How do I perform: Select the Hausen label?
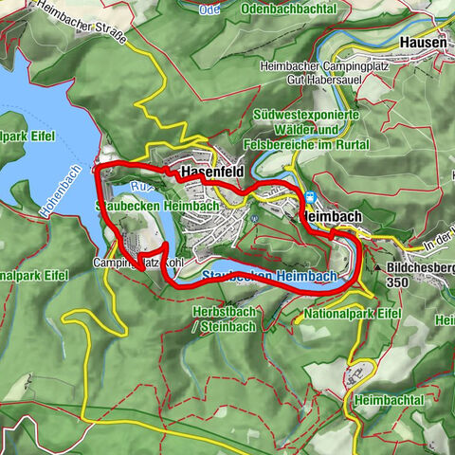422,44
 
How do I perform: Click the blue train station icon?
309,197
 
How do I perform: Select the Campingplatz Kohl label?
136,261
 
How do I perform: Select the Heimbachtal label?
389,401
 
